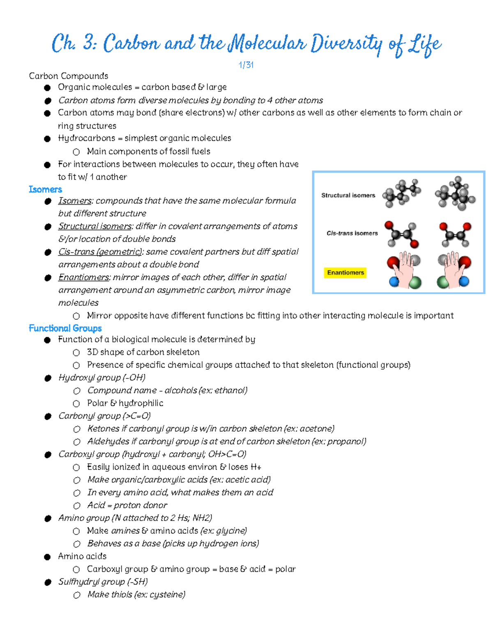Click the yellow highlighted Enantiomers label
[x=346, y=273]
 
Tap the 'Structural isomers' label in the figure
[x=348, y=196]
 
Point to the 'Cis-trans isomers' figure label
[x=352, y=233]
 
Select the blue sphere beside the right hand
[x=464, y=281]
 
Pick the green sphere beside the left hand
[x=415, y=283]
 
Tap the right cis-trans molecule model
[x=455, y=234]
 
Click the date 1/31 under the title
[x=246, y=65]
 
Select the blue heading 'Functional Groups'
[x=65, y=328]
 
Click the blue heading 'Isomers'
[x=45, y=189]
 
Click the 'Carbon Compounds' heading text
[x=69, y=76]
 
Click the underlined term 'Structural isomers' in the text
[x=94, y=226]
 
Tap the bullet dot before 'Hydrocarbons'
[x=47, y=139]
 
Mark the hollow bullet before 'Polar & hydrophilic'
[x=76, y=404]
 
